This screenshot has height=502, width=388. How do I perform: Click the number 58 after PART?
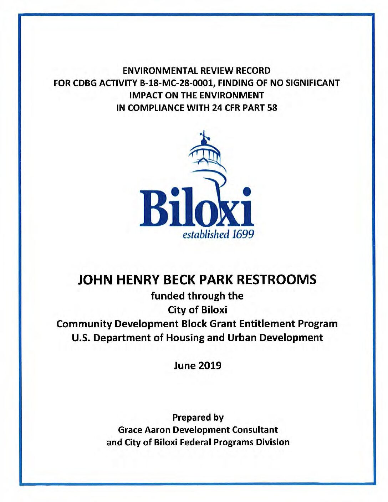click(x=272, y=108)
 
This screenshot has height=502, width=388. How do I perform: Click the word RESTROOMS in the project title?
click(x=277, y=280)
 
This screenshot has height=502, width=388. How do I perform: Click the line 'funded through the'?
click(x=197, y=296)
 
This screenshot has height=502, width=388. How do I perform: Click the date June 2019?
click(x=197, y=365)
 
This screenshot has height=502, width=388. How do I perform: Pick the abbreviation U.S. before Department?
click(x=81, y=337)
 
